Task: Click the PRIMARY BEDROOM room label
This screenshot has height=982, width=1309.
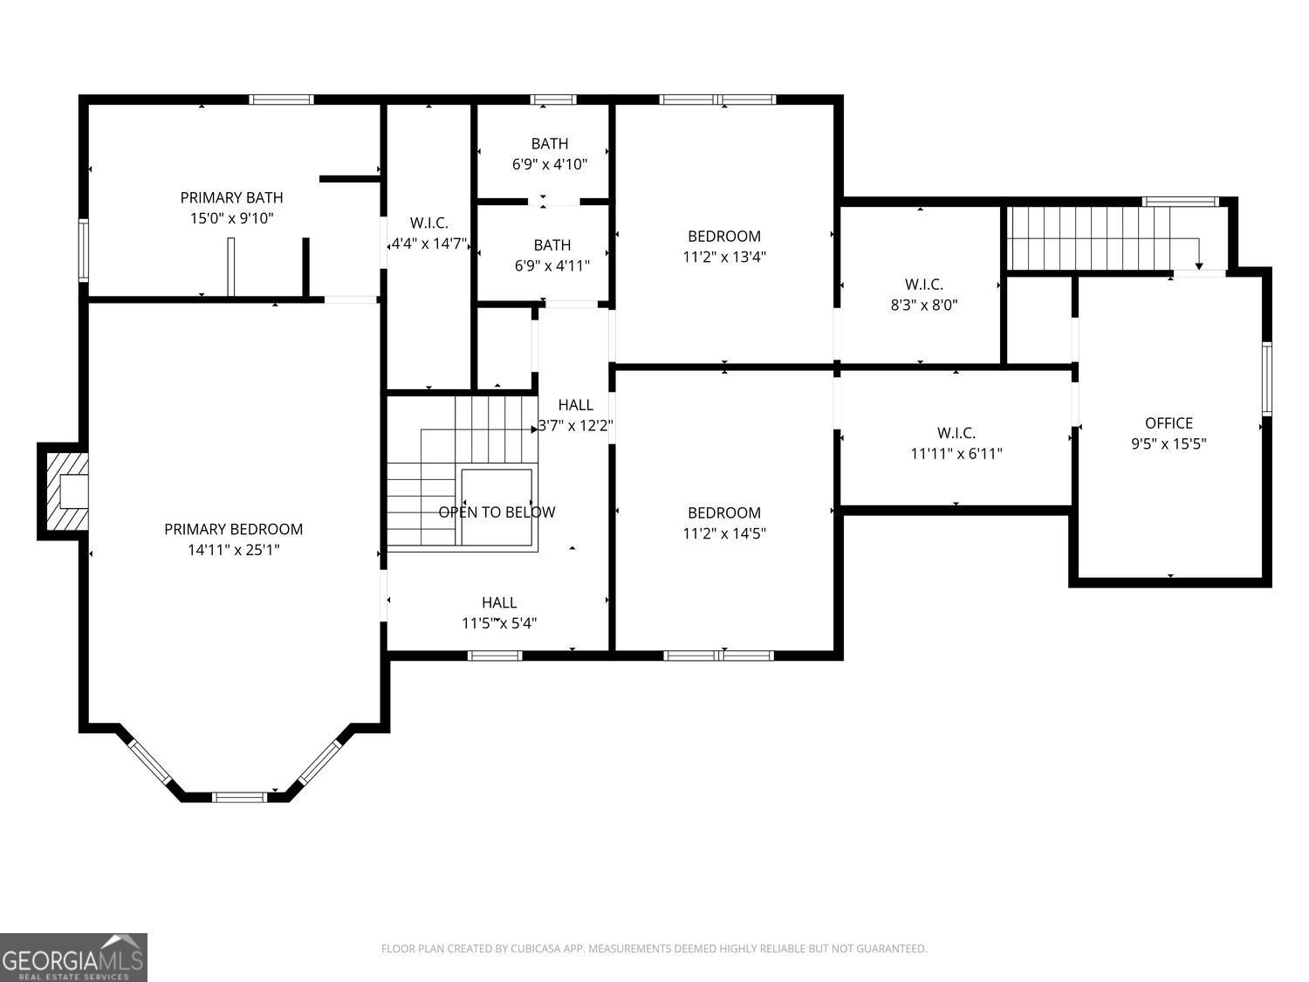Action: pyautogui.click(x=233, y=529)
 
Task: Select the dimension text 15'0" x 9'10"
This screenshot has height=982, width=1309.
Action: pyautogui.click(x=231, y=218)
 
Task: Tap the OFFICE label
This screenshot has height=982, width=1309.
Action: pyautogui.click(x=1169, y=423)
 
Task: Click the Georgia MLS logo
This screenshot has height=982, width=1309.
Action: pyautogui.click(x=73, y=958)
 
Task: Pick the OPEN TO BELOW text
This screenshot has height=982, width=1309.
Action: pyautogui.click(x=497, y=512)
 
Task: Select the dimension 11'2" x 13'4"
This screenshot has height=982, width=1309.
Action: pyautogui.click(x=723, y=257)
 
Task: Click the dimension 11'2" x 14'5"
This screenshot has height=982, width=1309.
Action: pyautogui.click(x=723, y=533)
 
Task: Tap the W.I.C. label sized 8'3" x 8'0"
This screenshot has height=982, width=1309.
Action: pyautogui.click(x=923, y=285)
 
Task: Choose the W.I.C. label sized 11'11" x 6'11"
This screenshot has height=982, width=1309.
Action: pyautogui.click(x=956, y=433)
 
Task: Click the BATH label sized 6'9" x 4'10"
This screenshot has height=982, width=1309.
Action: pyautogui.click(x=549, y=144)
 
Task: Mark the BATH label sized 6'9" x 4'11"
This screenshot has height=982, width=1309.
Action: pyautogui.click(x=552, y=245)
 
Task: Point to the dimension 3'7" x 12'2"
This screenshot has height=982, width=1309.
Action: pyautogui.click(x=576, y=426)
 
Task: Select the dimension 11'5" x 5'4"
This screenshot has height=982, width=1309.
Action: pyautogui.click(x=498, y=623)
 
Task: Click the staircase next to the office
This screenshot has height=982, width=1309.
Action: pyautogui.click(x=1091, y=238)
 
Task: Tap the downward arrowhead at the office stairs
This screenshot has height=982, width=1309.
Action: pyautogui.click(x=1199, y=265)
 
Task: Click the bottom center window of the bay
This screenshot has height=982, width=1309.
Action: pyautogui.click(x=240, y=796)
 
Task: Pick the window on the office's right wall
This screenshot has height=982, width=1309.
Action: pyautogui.click(x=1266, y=377)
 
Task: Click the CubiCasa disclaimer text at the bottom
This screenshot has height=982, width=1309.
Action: pyautogui.click(x=654, y=949)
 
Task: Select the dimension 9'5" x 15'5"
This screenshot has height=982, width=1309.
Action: pyautogui.click(x=1169, y=443)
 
